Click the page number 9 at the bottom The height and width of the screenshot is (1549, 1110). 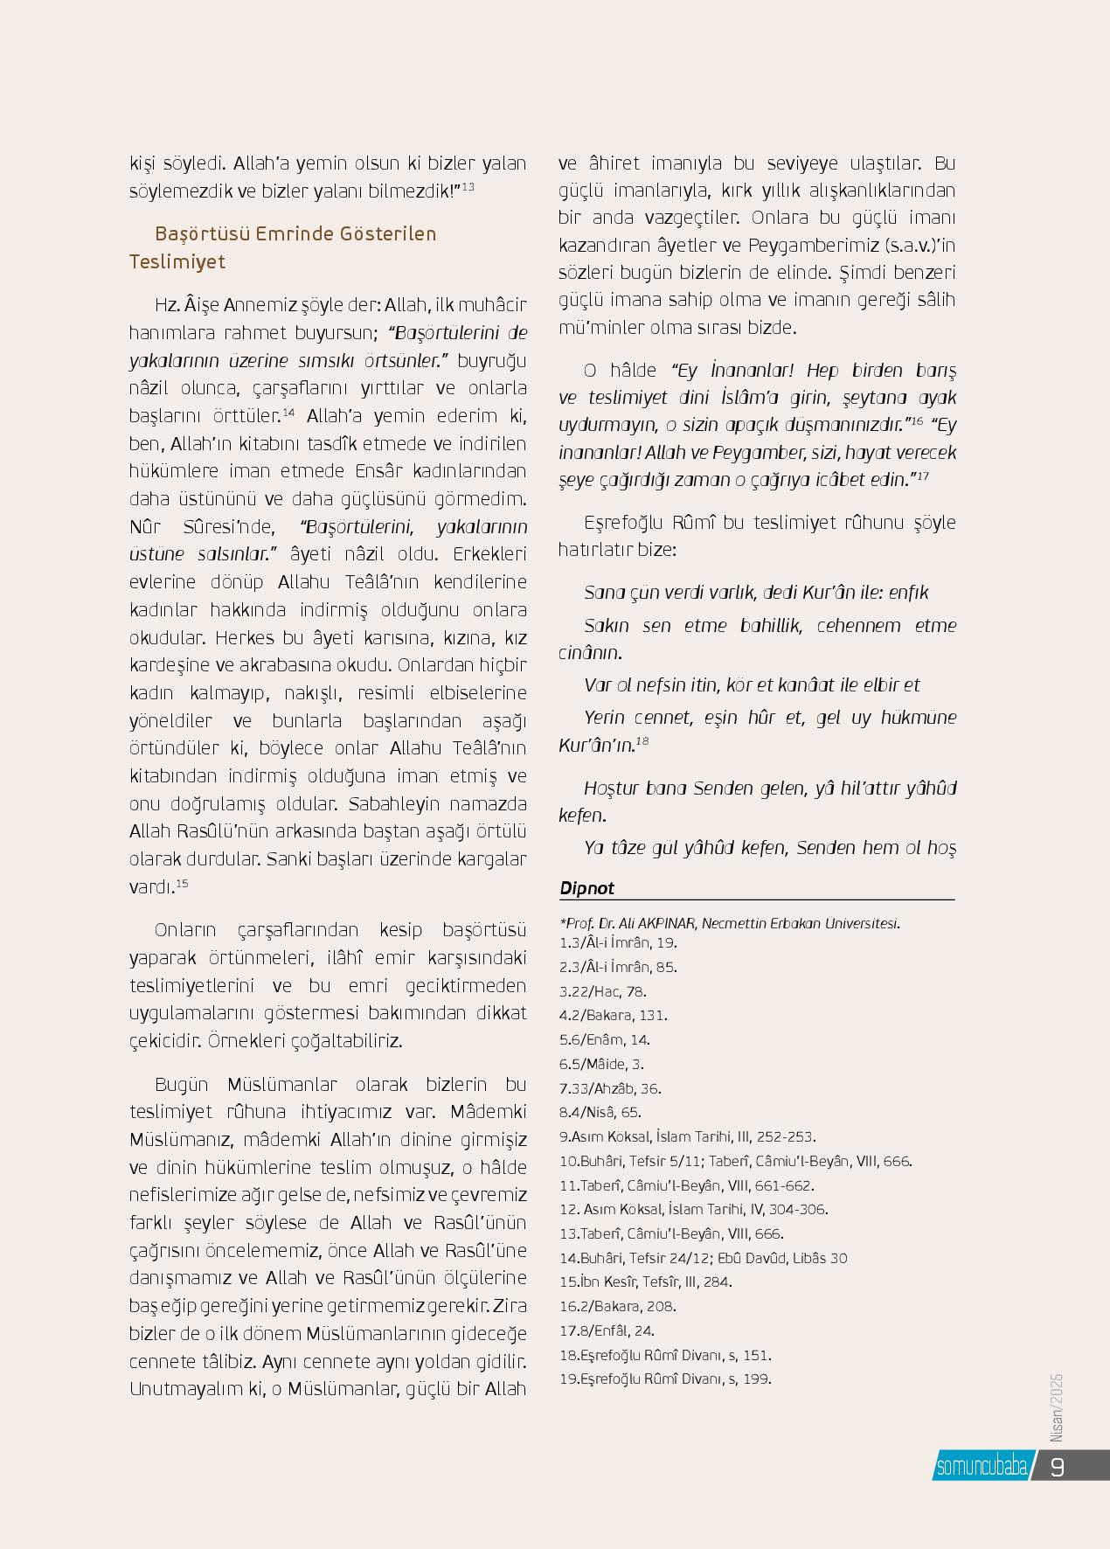click(1057, 1466)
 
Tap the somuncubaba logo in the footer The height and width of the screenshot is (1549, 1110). click(981, 1466)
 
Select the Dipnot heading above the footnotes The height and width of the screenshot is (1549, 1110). click(586, 888)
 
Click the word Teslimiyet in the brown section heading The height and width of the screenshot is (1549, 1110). click(177, 262)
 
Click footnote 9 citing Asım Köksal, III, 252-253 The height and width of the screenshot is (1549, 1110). click(687, 1137)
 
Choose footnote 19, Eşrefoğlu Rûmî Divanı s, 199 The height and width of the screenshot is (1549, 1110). click(664, 1379)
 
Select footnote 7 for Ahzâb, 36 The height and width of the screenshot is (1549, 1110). click(610, 1088)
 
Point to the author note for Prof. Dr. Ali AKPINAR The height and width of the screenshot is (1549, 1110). click(730, 923)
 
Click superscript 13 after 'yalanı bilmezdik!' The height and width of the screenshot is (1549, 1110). click(468, 186)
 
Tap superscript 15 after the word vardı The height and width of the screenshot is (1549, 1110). click(182, 884)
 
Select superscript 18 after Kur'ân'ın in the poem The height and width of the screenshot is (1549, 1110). click(642, 741)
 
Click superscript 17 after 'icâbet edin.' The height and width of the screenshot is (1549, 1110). click(923, 476)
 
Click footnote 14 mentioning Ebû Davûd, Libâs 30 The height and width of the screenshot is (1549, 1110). click(703, 1258)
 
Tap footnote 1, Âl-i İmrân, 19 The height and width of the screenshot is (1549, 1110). click(618, 942)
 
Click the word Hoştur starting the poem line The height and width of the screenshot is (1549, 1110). click(611, 788)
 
